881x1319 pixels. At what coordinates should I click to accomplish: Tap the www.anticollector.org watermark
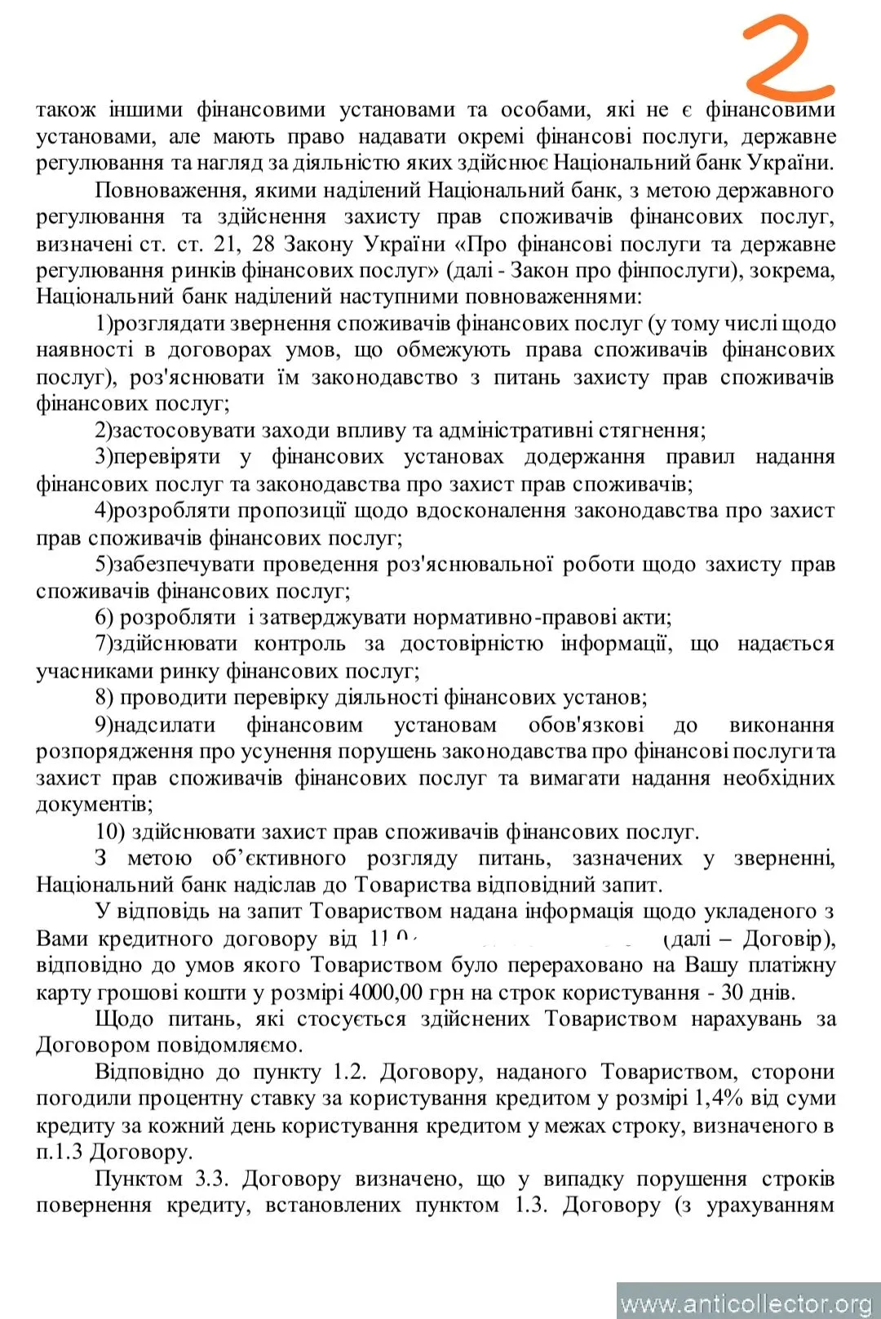(746, 1303)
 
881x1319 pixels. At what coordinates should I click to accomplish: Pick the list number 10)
(109, 832)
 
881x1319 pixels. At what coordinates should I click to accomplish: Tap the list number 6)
(104, 617)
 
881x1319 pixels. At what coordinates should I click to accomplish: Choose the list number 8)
(104, 697)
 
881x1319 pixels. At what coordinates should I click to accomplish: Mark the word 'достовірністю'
(471, 644)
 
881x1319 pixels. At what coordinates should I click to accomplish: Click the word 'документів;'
(94, 804)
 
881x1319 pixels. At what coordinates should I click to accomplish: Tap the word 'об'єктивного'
(279, 858)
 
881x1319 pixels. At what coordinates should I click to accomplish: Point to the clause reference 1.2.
(351, 1071)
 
